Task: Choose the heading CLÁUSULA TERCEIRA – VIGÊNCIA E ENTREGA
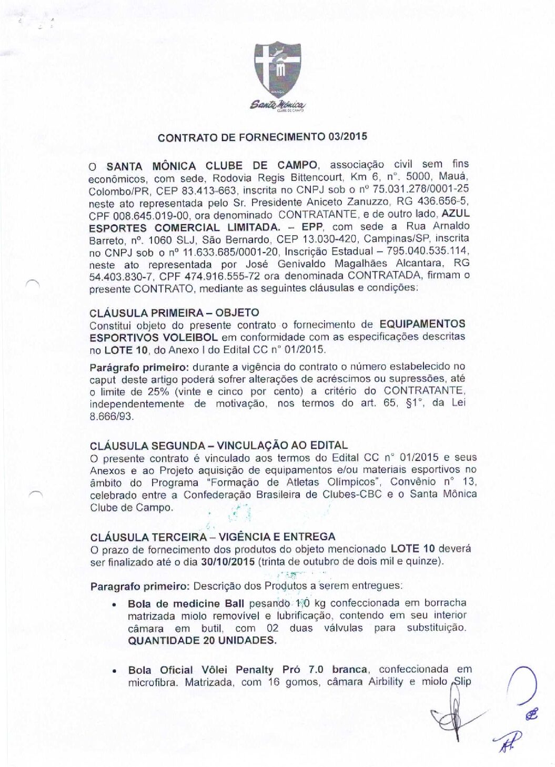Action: point(213,537)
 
